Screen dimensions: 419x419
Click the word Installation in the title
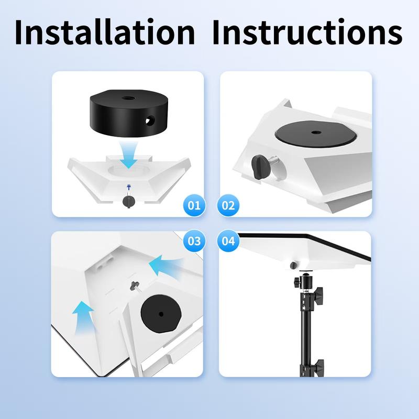105,32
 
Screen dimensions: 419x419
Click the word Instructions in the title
307,32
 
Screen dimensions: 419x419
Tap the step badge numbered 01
194,205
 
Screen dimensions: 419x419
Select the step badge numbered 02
229,205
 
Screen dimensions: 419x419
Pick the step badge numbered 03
194,241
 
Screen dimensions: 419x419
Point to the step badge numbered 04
229,241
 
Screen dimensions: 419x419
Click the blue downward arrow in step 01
127,155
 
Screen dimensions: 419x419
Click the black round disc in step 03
160,313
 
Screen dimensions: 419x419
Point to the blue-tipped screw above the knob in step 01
127,187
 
